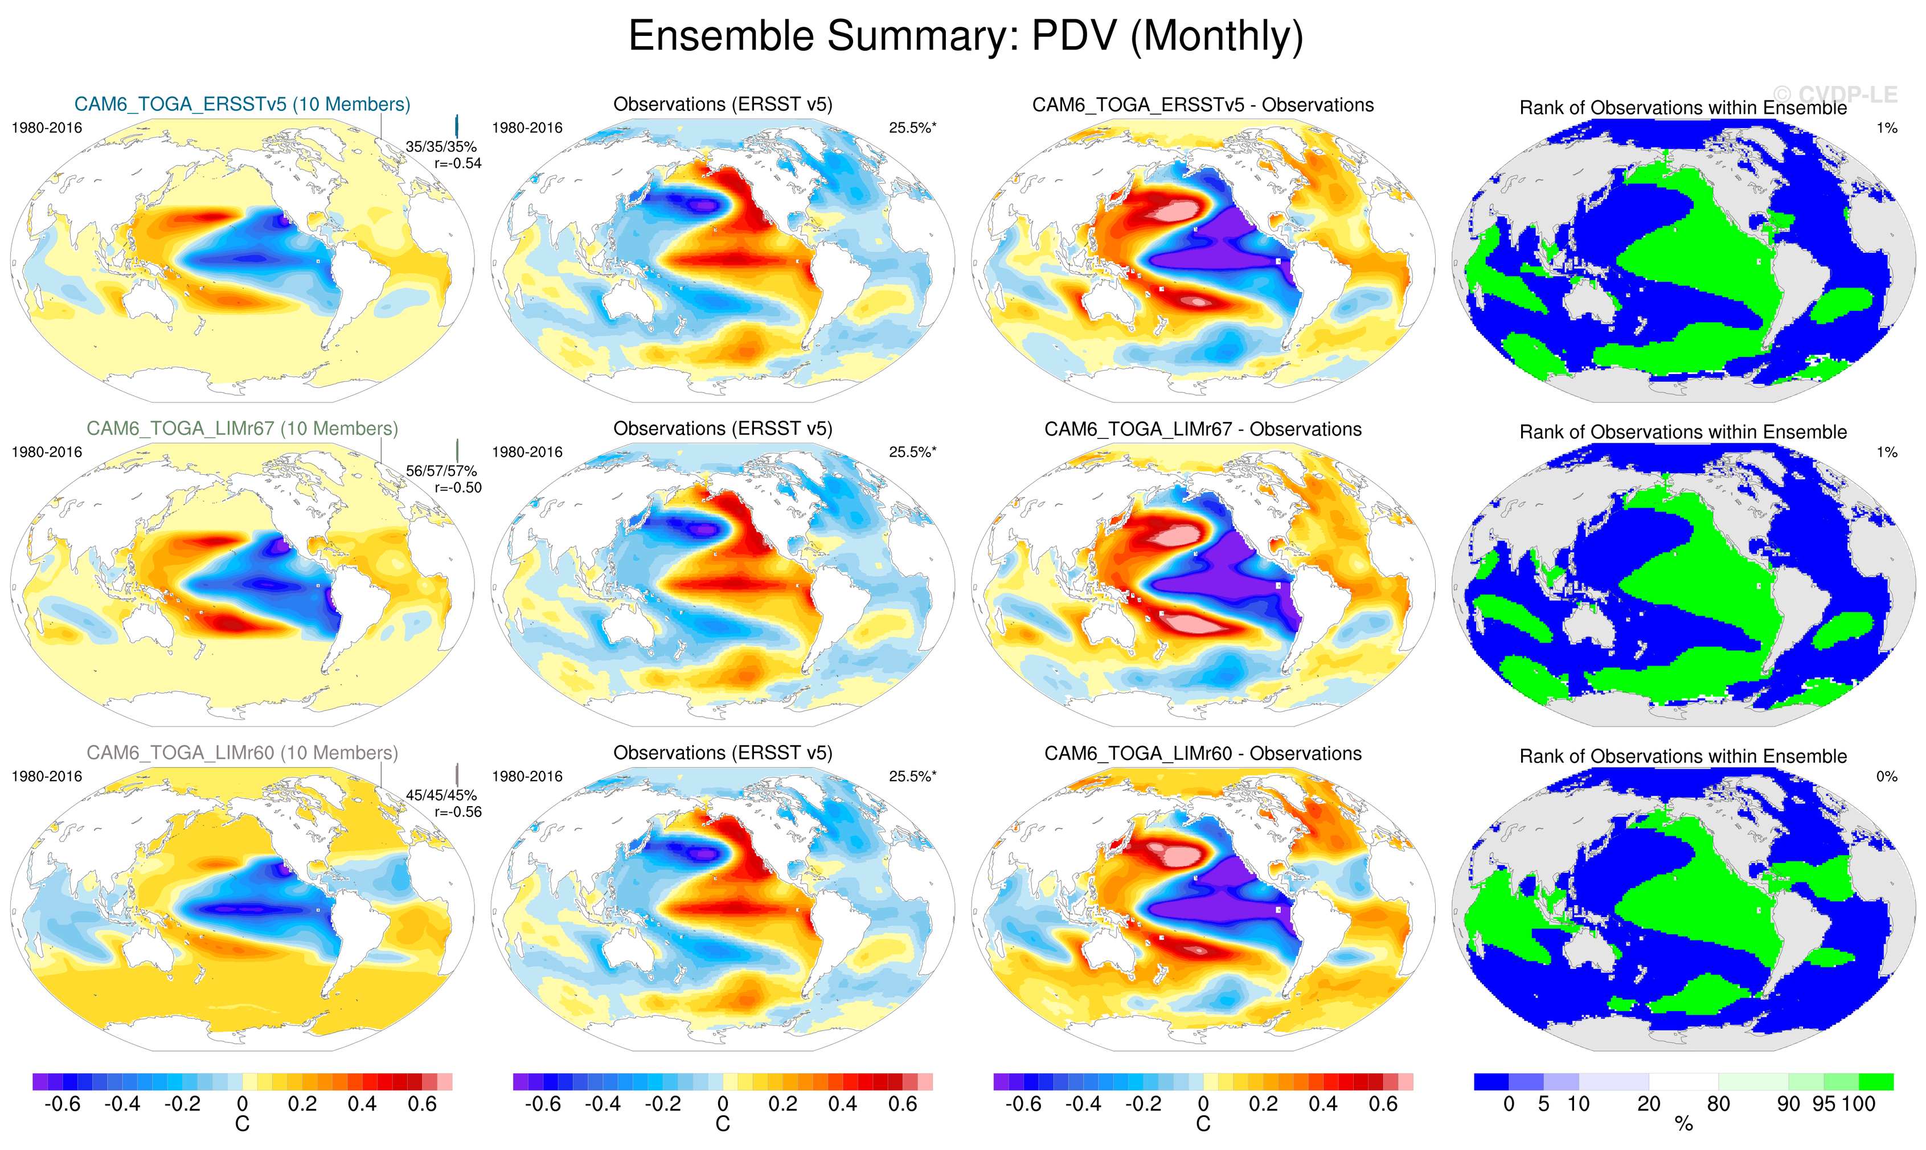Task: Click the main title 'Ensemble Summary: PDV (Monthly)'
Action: tap(965, 36)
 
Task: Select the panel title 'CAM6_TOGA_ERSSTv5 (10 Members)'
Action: tap(242, 105)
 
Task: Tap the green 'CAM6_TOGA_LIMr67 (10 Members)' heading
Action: tap(242, 429)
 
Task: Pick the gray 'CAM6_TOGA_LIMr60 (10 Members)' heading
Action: tap(242, 753)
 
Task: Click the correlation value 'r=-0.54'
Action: tap(457, 163)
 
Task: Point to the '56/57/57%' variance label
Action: tap(441, 471)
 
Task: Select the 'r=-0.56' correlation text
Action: tap(457, 812)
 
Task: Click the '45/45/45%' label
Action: tap(441, 795)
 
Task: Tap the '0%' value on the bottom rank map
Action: tap(1887, 777)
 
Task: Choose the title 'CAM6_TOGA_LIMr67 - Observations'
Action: tap(1202, 429)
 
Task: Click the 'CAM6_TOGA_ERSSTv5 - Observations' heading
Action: tap(1202, 105)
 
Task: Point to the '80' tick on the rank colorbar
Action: tap(1718, 1104)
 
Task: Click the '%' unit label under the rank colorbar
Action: tap(1683, 1124)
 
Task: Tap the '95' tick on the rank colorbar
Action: tap(1823, 1104)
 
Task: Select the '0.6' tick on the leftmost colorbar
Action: tap(423, 1104)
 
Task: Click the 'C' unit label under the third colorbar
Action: tap(1203, 1124)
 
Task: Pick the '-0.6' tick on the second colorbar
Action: tap(543, 1104)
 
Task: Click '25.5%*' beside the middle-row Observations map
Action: tap(912, 452)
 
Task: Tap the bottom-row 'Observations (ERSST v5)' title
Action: tap(722, 753)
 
